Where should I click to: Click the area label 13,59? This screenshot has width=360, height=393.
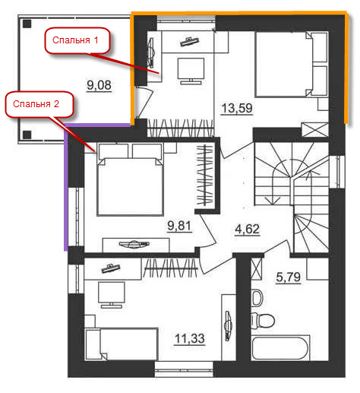coord(237,108)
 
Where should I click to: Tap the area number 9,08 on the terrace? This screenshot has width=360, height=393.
coord(99,85)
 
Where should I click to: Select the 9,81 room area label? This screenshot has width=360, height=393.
coord(179,225)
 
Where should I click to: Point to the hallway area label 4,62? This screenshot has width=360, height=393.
coord(248,230)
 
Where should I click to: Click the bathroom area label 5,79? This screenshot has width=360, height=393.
coord(289,277)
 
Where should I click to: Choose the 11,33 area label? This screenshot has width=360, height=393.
coord(190,338)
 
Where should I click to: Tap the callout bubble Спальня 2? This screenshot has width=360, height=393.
coord(39,104)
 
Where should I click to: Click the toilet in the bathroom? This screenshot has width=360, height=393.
coord(263,321)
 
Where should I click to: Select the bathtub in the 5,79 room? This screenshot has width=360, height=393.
coord(280,347)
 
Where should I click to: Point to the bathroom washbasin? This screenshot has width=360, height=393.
coord(257,298)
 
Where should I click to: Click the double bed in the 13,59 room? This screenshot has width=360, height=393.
coord(291,65)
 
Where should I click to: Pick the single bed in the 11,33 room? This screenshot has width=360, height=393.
coord(122,344)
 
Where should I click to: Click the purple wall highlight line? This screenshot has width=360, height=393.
coord(66,187)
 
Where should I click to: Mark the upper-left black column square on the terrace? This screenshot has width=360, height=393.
coord(27,24)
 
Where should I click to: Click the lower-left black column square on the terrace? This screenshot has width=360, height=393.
coord(27,135)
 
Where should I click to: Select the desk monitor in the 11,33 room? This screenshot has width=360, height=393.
coord(112,294)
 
